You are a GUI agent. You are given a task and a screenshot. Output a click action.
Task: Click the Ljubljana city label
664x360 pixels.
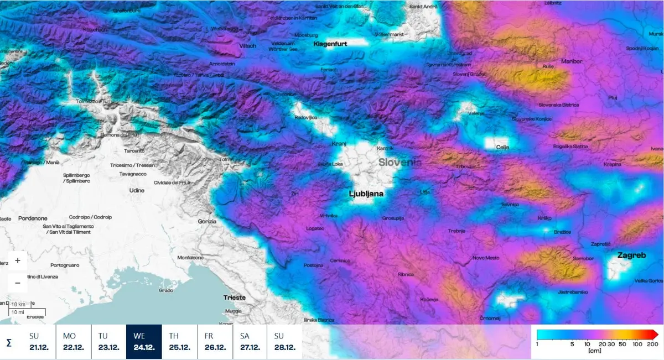click(x=366, y=194)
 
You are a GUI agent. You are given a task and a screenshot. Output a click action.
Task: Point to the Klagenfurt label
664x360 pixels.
click(x=330, y=44)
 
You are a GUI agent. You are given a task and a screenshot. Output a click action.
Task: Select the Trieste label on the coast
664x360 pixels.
click(x=234, y=298)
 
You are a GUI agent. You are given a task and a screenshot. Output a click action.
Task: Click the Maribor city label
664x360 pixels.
click(x=572, y=61)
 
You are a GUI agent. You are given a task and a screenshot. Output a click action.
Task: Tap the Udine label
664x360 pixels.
click(x=136, y=190)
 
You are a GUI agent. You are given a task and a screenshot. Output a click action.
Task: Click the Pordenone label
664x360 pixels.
click(x=33, y=218)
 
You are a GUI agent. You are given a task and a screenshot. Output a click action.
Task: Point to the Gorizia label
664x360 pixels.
click(x=206, y=221)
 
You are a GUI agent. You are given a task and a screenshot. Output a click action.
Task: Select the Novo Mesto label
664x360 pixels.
click(x=486, y=258)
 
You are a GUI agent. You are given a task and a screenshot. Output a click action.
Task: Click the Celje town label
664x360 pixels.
click(x=502, y=147)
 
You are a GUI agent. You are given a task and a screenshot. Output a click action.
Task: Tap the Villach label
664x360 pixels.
click(x=247, y=46)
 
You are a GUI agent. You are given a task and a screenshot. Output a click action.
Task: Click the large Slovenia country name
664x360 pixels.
click(x=400, y=163)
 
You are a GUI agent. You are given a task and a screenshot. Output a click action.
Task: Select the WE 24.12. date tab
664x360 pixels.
click(x=144, y=342)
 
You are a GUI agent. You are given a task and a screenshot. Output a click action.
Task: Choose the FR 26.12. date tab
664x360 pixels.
click(x=215, y=342)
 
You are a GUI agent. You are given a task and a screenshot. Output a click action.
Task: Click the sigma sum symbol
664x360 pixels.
click(x=9, y=343)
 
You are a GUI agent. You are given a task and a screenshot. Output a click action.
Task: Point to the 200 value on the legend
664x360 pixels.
click(x=651, y=344)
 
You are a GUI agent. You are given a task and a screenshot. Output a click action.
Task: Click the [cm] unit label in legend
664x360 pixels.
click(x=595, y=351)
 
